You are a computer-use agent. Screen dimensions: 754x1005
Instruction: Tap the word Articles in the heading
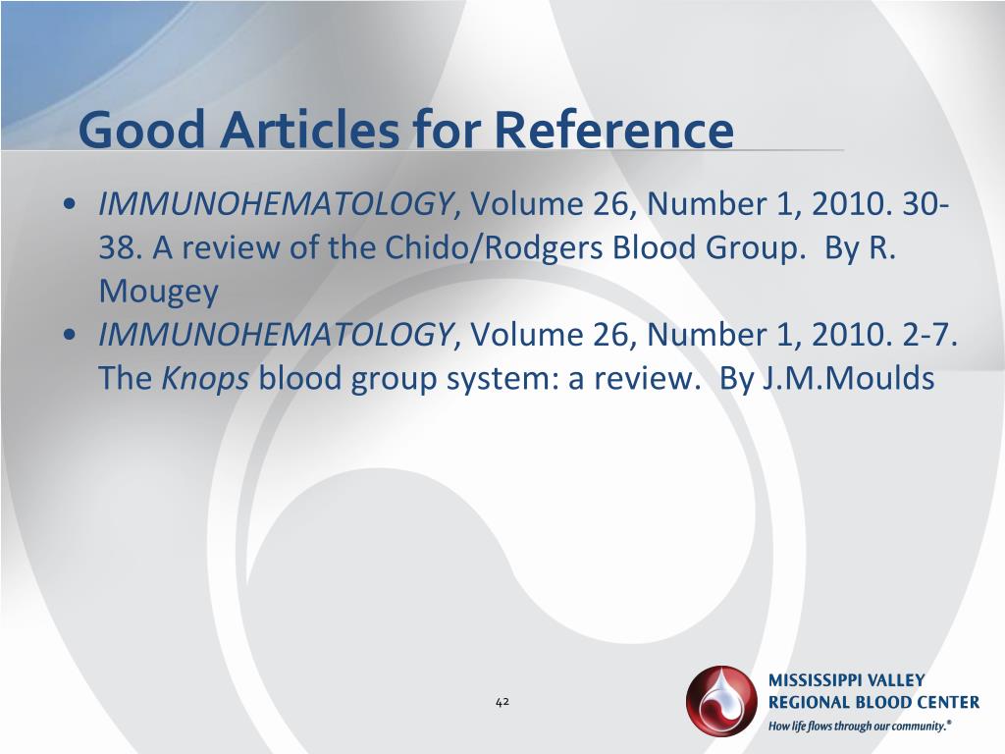coord(291,131)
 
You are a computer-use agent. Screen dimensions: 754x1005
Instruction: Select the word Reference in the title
coord(613,131)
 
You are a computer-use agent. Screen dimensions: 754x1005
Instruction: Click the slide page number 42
coord(502,701)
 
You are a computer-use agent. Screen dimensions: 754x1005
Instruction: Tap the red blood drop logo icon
coord(722,701)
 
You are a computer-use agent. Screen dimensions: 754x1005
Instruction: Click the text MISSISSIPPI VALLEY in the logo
coord(846,680)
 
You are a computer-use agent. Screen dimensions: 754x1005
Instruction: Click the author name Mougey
coord(158,292)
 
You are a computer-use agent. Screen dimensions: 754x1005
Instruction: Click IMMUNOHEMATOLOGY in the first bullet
coord(275,204)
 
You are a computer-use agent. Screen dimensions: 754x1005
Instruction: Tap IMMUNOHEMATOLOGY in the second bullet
coord(275,336)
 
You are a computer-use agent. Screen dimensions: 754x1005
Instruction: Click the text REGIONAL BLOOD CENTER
coord(873,702)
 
